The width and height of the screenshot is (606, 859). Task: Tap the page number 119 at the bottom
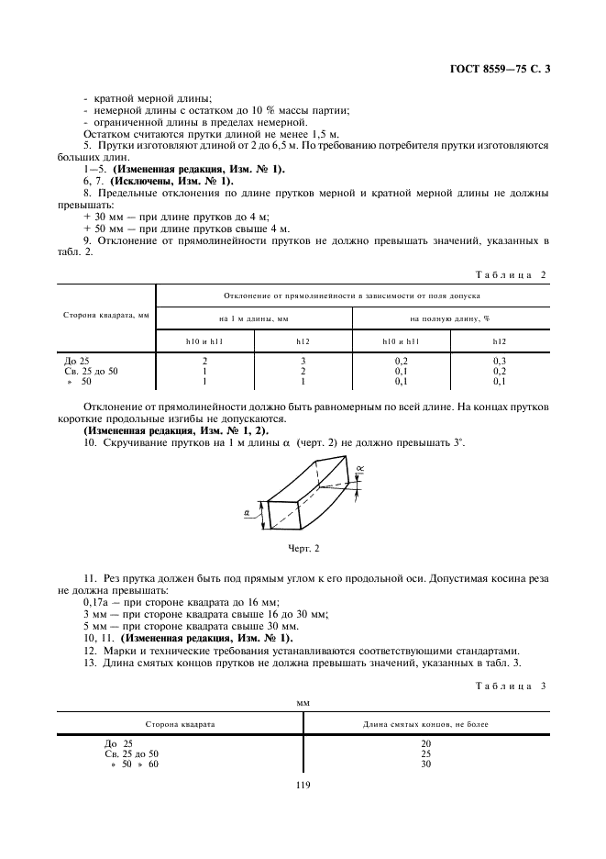click(303, 784)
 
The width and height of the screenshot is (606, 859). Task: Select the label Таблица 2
click(512, 274)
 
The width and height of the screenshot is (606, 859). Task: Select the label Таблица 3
click(512, 686)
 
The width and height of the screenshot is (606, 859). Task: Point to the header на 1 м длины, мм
click(254, 318)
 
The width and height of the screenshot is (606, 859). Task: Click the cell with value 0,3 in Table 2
click(500, 362)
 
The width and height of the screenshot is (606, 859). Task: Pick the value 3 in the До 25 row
click(303, 362)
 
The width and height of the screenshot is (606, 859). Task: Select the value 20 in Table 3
click(425, 742)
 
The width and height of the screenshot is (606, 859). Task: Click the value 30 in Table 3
click(425, 764)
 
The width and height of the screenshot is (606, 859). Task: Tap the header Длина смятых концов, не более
click(425, 724)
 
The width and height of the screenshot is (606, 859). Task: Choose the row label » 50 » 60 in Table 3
click(134, 764)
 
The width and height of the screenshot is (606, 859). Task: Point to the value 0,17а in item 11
click(98, 602)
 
